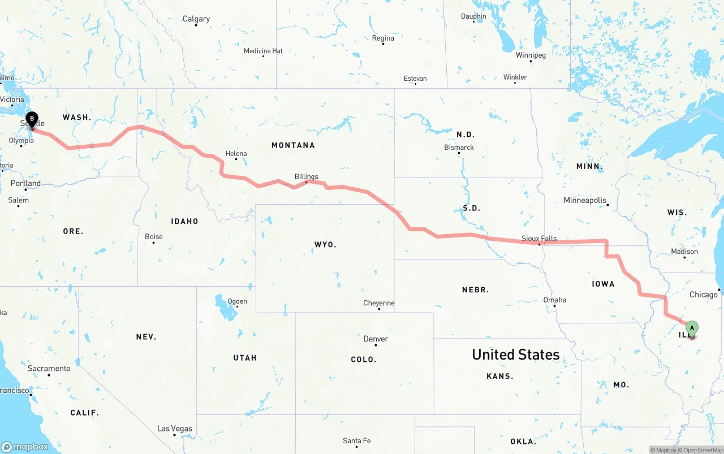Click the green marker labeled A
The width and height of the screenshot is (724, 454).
pos(692,328)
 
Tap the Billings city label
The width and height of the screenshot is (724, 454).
pos(306,177)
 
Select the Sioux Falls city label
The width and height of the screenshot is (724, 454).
pos(539,239)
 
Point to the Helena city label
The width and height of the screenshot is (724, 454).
pos(236,153)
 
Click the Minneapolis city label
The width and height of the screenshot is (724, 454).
pos(585,201)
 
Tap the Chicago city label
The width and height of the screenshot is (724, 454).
pos(703,295)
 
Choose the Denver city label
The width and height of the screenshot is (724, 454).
pos(376,339)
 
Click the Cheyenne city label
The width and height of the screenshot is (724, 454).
pos(379,303)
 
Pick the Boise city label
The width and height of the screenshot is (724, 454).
pos(153,237)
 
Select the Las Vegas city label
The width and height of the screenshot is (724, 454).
pos(174,429)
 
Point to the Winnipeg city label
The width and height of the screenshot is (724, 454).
pos(531,55)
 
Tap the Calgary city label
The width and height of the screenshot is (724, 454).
pos(196,19)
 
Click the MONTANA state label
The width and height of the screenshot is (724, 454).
pos(293,145)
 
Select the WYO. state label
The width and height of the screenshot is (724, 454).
pos(325,244)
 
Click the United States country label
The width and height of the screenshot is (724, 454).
pos(516,354)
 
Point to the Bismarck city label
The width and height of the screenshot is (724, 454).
pos(459,148)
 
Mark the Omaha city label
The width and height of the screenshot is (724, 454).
pos(554,300)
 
